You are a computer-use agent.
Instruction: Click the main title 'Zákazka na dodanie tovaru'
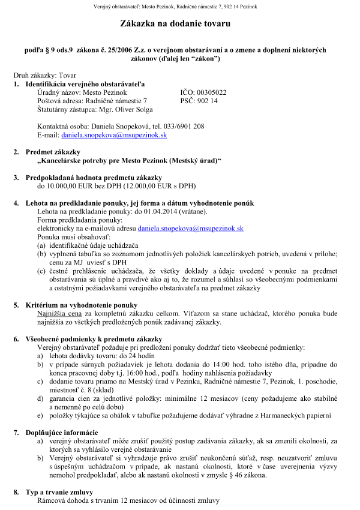(180, 23)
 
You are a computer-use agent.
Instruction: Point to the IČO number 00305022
(212, 92)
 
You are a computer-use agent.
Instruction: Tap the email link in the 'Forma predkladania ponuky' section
(190, 229)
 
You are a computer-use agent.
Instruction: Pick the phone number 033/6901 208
(180, 127)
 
